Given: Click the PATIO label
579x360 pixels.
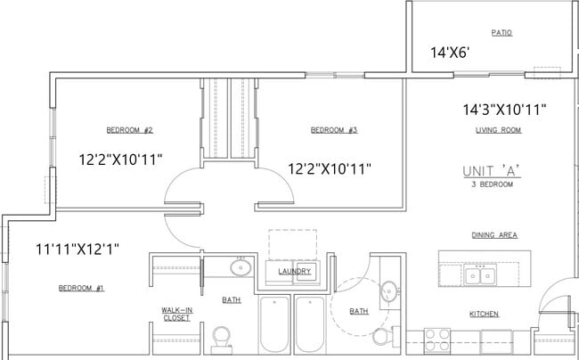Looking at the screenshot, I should [502, 33].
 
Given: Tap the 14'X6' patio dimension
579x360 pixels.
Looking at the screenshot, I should [450, 52].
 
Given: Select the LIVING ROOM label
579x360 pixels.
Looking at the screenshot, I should [497, 130].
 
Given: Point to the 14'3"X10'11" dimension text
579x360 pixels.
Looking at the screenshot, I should [503, 110].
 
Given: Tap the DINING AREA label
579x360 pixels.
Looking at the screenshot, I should [495, 235].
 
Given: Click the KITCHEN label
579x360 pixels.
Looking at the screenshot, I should [484, 314].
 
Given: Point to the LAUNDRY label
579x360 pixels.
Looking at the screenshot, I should [292, 271].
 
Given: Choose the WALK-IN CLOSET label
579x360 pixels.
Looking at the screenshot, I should [175, 314].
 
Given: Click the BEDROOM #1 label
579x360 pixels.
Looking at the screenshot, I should [81, 288].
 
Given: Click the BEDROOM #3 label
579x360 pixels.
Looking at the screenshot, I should [334, 130].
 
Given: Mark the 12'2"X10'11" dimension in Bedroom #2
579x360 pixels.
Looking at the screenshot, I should [120, 160].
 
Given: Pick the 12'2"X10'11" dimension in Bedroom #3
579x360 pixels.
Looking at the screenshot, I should [330, 168].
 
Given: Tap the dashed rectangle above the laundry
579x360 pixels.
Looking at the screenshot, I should [293, 243].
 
